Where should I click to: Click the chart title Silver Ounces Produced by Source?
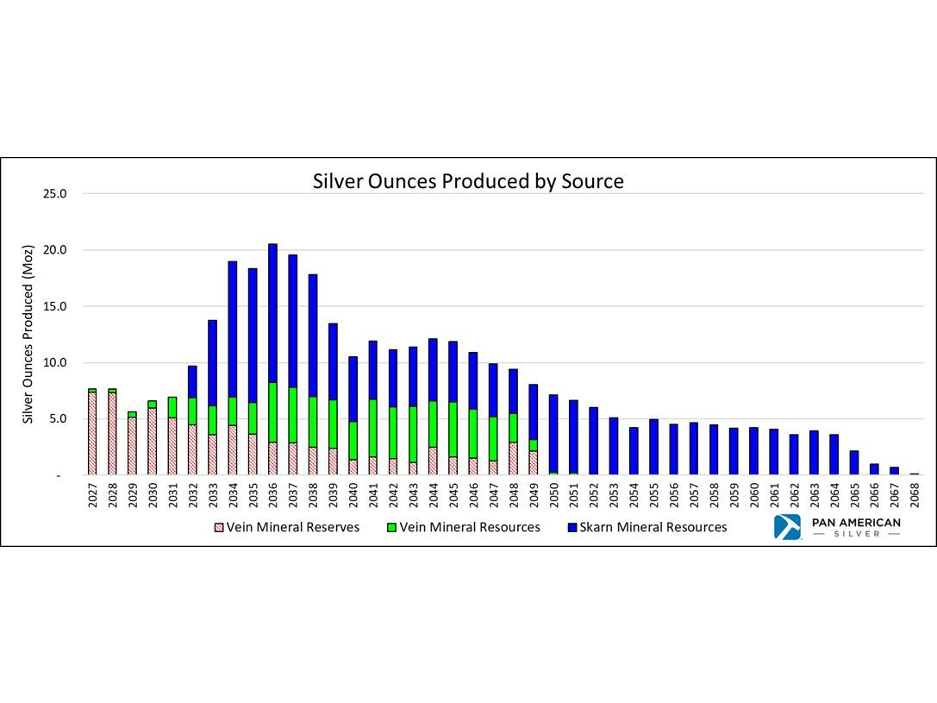468,182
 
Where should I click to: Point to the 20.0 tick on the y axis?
55,250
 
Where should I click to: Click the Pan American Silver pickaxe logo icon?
787,527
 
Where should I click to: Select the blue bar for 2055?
654,447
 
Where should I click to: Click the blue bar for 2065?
854,462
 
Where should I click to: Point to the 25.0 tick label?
55,193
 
